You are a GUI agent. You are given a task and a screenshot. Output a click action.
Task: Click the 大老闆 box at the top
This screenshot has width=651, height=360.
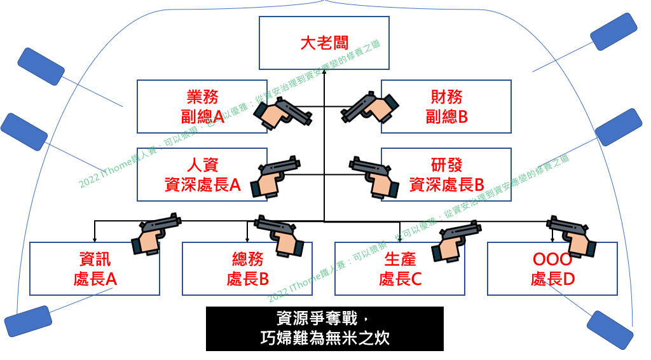(x=324, y=44)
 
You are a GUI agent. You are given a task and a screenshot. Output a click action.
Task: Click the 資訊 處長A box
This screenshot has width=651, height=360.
(x=95, y=268)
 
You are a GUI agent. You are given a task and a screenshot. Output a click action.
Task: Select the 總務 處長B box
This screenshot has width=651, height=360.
(x=247, y=268)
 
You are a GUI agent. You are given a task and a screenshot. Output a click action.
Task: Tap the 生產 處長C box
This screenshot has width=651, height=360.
(x=400, y=268)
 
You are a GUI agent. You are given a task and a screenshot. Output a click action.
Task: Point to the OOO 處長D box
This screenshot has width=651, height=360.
(x=552, y=268)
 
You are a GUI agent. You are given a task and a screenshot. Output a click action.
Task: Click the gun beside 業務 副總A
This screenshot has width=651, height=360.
(x=283, y=113)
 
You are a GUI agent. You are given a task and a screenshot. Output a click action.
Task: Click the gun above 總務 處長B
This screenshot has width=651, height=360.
(x=280, y=232)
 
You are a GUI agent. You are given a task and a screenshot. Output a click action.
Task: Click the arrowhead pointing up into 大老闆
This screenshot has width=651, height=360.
(x=324, y=73)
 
